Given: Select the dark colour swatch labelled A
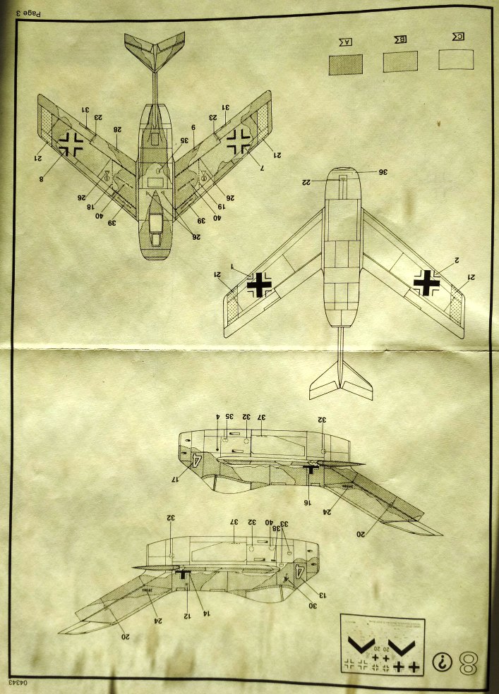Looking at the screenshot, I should (346, 64).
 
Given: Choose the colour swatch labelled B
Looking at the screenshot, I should (400, 62).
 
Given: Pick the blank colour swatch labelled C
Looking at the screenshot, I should (455, 59).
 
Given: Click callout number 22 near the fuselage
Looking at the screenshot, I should (307, 182).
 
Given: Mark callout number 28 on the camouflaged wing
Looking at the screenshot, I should (117, 129).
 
